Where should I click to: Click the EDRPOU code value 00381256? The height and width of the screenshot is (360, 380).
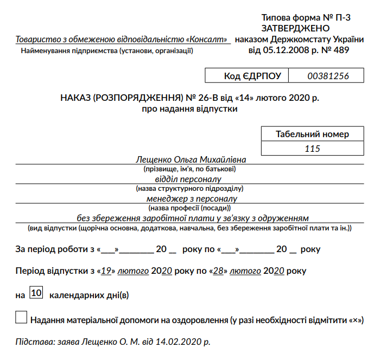pyautogui.click(x=328, y=76)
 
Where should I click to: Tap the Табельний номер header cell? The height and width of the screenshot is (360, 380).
pyautogui.click(x=312, y=134)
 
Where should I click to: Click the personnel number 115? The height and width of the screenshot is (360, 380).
pyautogui.click(x=313, y=149)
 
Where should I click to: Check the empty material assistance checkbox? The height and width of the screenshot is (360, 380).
pyautogui.click(x=21, y=318)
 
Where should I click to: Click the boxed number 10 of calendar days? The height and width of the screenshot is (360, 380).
pyautogui.click(x=37, y=293)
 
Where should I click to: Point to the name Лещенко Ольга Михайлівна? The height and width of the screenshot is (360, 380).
pyautogui.click(x=191, y=160)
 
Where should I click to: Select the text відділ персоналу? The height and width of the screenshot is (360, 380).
pyautogui.click(x=189, y=179)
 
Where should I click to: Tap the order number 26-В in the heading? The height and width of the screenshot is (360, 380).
pyautogui.click(x=208, y=99)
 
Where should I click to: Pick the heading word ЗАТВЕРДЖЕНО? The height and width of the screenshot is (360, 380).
pyautogui.click(x=296, y=28)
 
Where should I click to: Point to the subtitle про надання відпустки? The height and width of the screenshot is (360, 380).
pyautogui.click(x=189, y=109)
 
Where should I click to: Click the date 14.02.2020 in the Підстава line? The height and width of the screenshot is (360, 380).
pyautogui.click(x=174, y=343)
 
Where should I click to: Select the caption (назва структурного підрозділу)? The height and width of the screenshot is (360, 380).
pyautogui.click(x=189, y=189)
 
